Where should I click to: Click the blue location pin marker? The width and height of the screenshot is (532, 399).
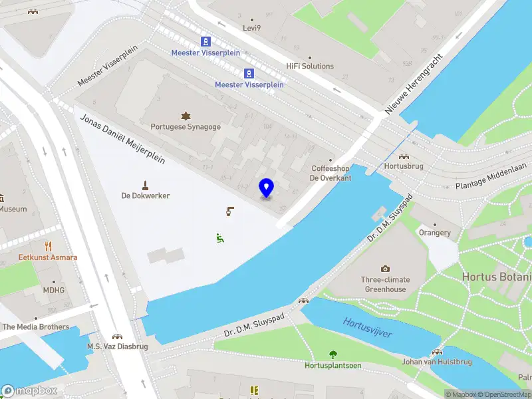(267, 188)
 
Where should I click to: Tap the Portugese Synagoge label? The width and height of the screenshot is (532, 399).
(186, 126)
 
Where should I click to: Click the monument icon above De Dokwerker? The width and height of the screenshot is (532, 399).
(145, 184)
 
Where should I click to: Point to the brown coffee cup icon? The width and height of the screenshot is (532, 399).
(229, 212)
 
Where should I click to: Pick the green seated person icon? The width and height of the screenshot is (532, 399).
(219, 237)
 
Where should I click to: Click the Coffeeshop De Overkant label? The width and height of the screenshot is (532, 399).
(331, 173)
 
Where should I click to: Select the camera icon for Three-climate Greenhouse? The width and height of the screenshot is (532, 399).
(385, 269)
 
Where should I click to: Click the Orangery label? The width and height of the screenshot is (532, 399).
(435, 233)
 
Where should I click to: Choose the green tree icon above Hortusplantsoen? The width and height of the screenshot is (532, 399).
(332, 354)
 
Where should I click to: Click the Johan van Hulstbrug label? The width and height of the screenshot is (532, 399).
(436, 362)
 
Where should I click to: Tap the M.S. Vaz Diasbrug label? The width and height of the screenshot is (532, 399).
(117, 346)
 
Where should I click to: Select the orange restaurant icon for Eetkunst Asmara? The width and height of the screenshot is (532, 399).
(49, 246)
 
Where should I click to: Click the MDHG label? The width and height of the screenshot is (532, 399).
(54, 291)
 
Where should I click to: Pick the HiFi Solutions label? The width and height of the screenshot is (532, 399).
(310, 66)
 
